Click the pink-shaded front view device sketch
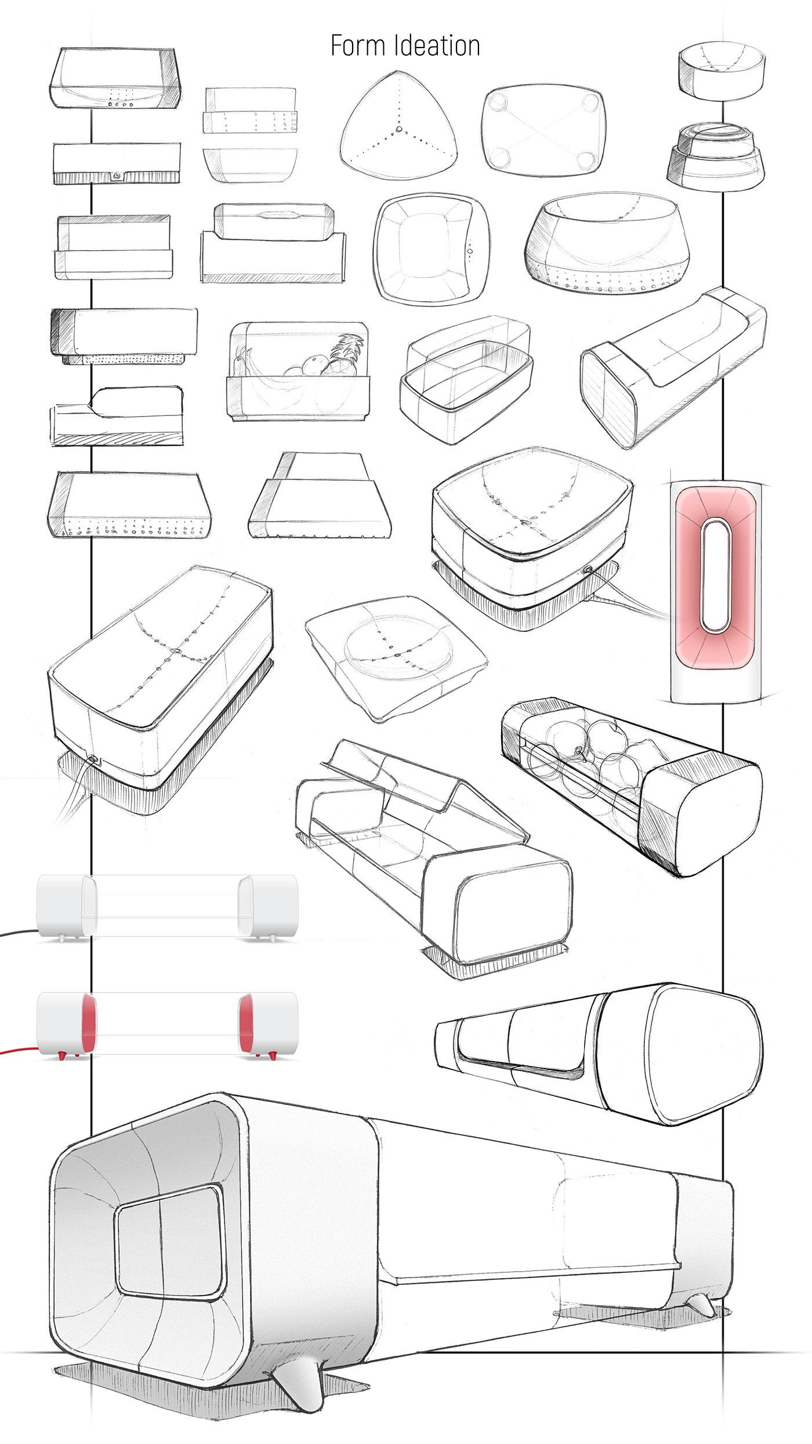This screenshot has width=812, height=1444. pyautogui.click(x=716, y=580)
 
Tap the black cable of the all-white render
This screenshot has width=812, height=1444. pyautogui.click(x=17, y=932)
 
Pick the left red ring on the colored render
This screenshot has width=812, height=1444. pyautogui.click(x=88, y=1023)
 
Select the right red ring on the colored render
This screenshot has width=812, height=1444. pyautogui.click(x=246, y=1023)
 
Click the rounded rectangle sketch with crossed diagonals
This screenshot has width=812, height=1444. pyautogui.click(x=543, y=130)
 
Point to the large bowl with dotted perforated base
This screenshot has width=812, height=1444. pyautogui.click(x=607, y=244)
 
